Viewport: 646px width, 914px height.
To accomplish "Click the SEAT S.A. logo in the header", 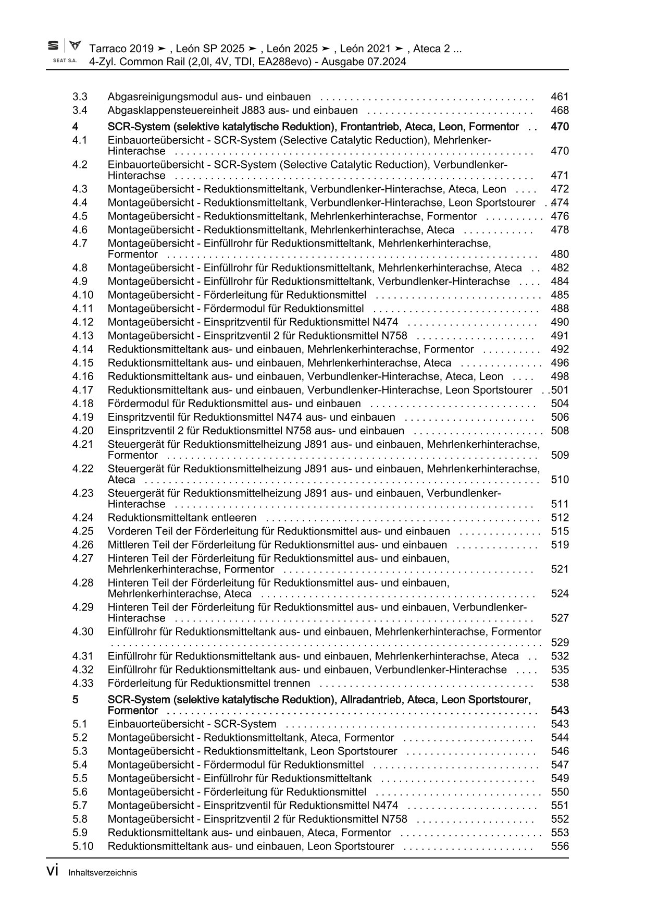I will [64, 51].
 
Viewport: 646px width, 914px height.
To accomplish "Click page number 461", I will [560, 96].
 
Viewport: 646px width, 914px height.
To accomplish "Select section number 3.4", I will [80, 110].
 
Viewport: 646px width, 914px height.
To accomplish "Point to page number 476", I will [560, 216].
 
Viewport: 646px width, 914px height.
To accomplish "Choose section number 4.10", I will [83, 295].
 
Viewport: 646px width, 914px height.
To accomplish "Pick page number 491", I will [560, 335].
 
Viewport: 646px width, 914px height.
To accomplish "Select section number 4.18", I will [83, 403].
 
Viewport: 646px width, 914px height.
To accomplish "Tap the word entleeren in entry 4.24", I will [234, 517].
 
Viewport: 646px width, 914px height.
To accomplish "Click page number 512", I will [560, 517].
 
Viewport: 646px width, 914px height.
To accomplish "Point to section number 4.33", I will [83, 683].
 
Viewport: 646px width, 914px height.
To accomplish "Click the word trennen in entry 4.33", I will [292, 683].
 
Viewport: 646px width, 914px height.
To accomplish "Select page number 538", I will [560, 683].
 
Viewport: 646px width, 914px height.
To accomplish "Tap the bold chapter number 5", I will [76, 699].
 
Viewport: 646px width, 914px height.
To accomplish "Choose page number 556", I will [560, 846].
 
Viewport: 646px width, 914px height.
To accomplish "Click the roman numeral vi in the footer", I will [52, 871].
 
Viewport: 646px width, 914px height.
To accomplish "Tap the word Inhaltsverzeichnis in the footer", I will [103, 872].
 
